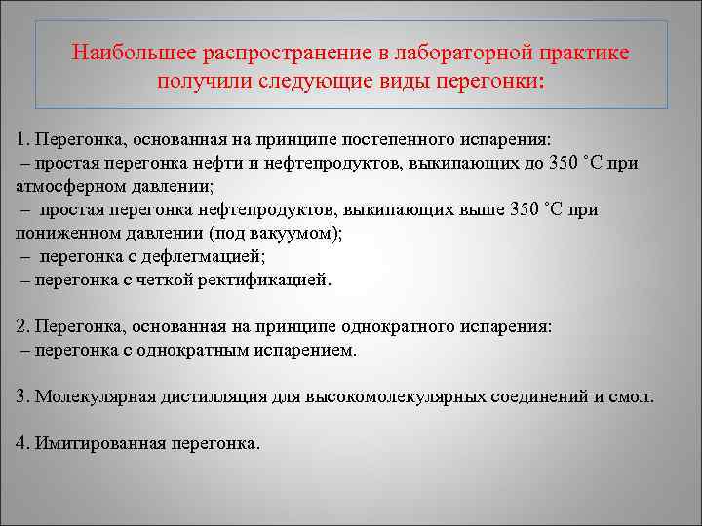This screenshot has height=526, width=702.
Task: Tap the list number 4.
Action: pyautogui.click(x=22, y=443)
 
